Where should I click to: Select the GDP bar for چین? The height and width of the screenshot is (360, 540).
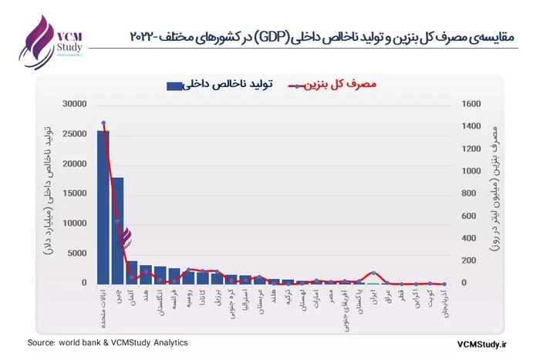pos(117,230)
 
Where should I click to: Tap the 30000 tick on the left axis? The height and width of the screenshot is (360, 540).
pos(76,104)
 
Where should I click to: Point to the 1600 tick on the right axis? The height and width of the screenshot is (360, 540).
pos(469,104)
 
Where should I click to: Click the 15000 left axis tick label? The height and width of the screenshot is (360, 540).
pos(76,193)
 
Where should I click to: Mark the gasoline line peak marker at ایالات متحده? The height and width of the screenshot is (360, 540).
pos(103,123)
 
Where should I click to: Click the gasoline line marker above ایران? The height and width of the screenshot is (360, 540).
pos(373,274)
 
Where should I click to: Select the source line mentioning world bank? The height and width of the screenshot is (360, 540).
pos(107,343)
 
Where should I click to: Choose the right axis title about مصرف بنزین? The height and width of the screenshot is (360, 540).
pos(496,193)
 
